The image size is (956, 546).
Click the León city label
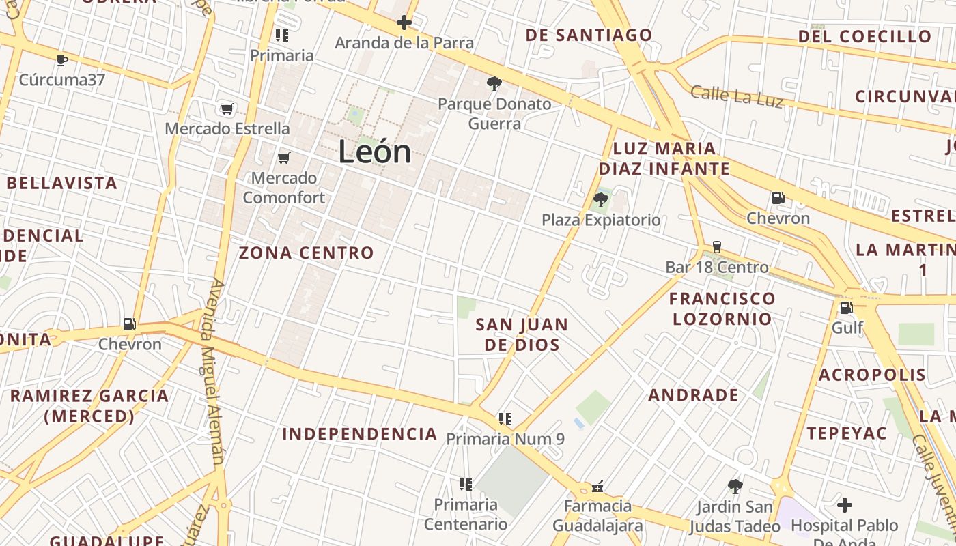coord(375,152)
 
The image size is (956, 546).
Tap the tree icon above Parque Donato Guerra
coord(494,84)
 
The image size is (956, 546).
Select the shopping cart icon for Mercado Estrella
coord(227,109)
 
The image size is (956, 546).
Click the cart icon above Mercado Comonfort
coord(284,158)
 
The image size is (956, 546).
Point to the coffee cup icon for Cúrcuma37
coord(62,60)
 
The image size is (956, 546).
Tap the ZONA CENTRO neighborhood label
coord(306,253)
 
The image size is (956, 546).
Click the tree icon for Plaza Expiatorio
coord(601,200)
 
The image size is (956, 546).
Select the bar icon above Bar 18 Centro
coord(717,247)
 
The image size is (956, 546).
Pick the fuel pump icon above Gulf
coord(846,308)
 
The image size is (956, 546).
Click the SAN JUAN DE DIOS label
coord(522,334)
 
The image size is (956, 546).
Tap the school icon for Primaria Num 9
coord(505,418)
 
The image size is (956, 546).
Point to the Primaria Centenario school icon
coord(466,485)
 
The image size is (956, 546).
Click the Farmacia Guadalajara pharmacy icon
coord(597,487)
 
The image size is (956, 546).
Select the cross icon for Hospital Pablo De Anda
coord(845,505)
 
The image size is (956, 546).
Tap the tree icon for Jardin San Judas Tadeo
coord(735,487)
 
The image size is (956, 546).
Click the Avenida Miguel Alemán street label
coord(214,372)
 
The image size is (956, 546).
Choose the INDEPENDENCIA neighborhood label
coord(359,434)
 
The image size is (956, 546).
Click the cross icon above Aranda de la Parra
coord(404,23)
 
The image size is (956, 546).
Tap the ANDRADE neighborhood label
coord(693,395)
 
